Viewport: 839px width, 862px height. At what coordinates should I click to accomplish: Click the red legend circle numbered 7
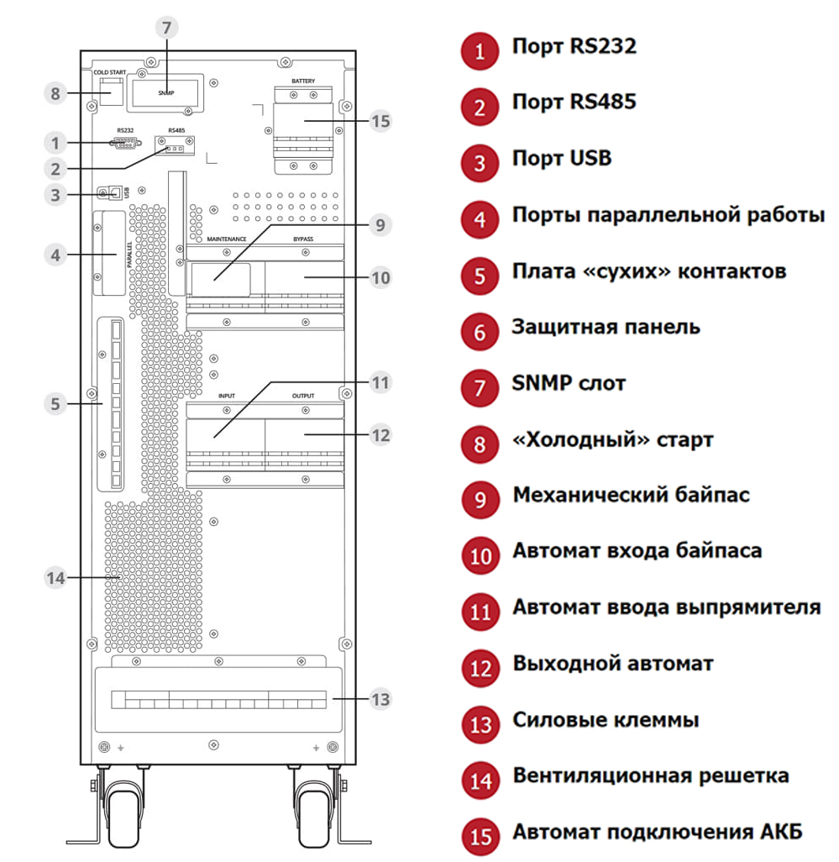(480, 386)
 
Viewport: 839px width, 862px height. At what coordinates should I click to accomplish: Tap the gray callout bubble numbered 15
(380, 121)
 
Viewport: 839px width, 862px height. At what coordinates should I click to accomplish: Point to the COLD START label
(109, 73)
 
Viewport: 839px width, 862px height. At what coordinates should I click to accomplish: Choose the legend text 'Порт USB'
(562, 159)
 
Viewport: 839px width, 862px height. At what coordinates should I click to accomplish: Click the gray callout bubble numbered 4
(55, 254)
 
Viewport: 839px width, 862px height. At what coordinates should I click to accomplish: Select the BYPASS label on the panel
(303, 239)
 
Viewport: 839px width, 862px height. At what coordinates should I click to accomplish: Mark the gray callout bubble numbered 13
(380, 699)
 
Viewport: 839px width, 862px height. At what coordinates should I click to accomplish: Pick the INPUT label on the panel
(227, 396)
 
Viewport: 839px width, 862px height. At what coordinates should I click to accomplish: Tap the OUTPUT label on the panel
(303, 396)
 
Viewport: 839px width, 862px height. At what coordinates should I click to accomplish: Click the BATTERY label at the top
(303, 81)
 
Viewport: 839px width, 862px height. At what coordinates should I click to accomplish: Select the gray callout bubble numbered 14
(55, 578)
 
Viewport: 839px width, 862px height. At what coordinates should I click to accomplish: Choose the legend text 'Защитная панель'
(606, 327)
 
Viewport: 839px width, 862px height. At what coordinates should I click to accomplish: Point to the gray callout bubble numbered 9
(380, 224)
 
